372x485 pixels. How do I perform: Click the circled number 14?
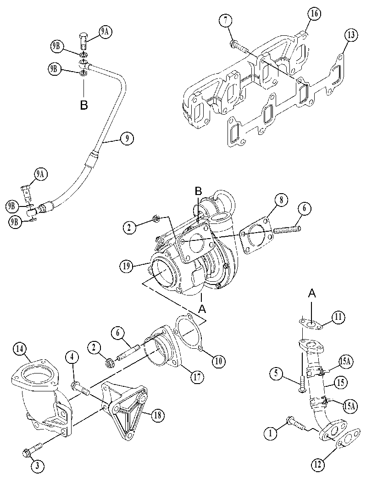click(x=20, y=349)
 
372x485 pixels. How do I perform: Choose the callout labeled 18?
click(x=158, y=415)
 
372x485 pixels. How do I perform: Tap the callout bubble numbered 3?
click(x=37, y=466)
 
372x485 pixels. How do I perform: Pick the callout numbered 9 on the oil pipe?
click(x=127, y=138)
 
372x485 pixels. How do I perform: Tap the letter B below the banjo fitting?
click(x=83, y=105)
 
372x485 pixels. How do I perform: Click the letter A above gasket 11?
click(x=312, y=293)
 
